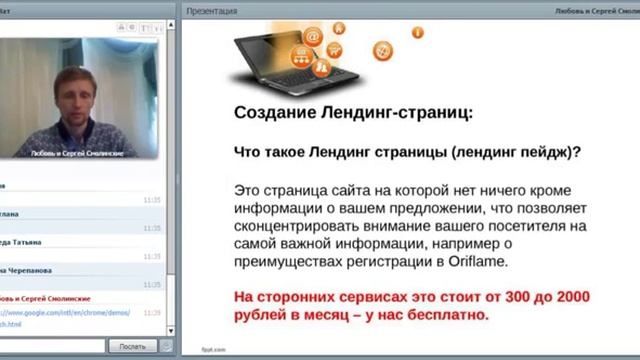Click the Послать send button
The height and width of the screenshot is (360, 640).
pos(132,345)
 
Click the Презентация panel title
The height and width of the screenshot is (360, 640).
pos(213,11)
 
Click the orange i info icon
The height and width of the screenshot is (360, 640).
pos(417,32)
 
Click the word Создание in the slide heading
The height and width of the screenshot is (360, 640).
pos(278,113)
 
